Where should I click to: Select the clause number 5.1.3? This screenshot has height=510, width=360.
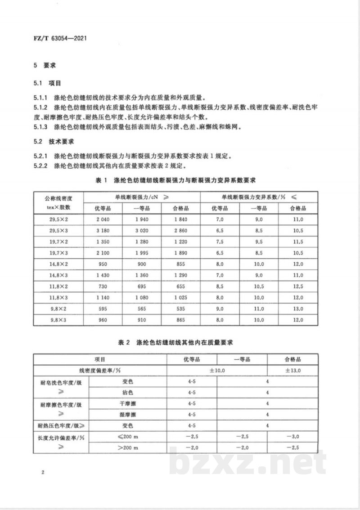[40, 127]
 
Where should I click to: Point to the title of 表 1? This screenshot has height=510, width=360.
[180, 180]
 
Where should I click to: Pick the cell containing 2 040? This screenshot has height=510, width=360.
[103, 219]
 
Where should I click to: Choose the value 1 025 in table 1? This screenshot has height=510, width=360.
[181, 298]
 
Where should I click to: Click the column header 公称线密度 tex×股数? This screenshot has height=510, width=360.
[58, 202]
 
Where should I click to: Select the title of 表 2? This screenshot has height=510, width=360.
[180, 343]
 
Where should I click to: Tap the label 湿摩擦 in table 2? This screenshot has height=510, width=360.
[128, 414]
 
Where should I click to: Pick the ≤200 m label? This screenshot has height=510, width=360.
[128, 436]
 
